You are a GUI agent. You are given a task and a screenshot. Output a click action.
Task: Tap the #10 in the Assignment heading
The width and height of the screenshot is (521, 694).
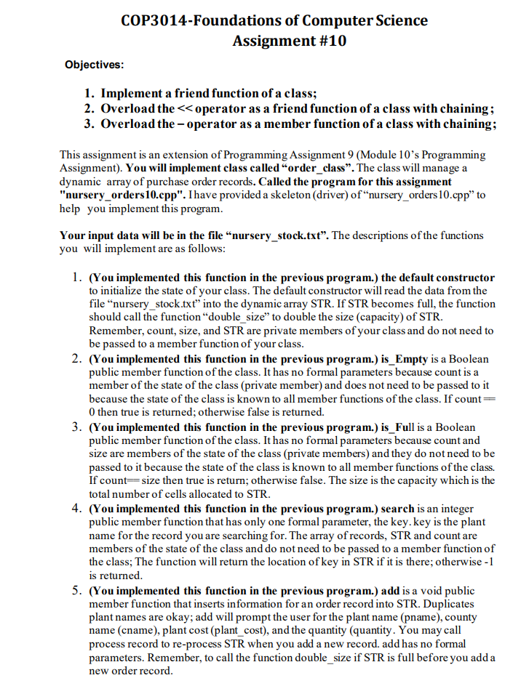330,41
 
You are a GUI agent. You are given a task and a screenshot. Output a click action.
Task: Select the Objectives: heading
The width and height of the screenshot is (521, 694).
94,65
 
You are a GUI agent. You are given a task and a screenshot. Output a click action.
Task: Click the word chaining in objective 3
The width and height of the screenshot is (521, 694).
469,124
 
